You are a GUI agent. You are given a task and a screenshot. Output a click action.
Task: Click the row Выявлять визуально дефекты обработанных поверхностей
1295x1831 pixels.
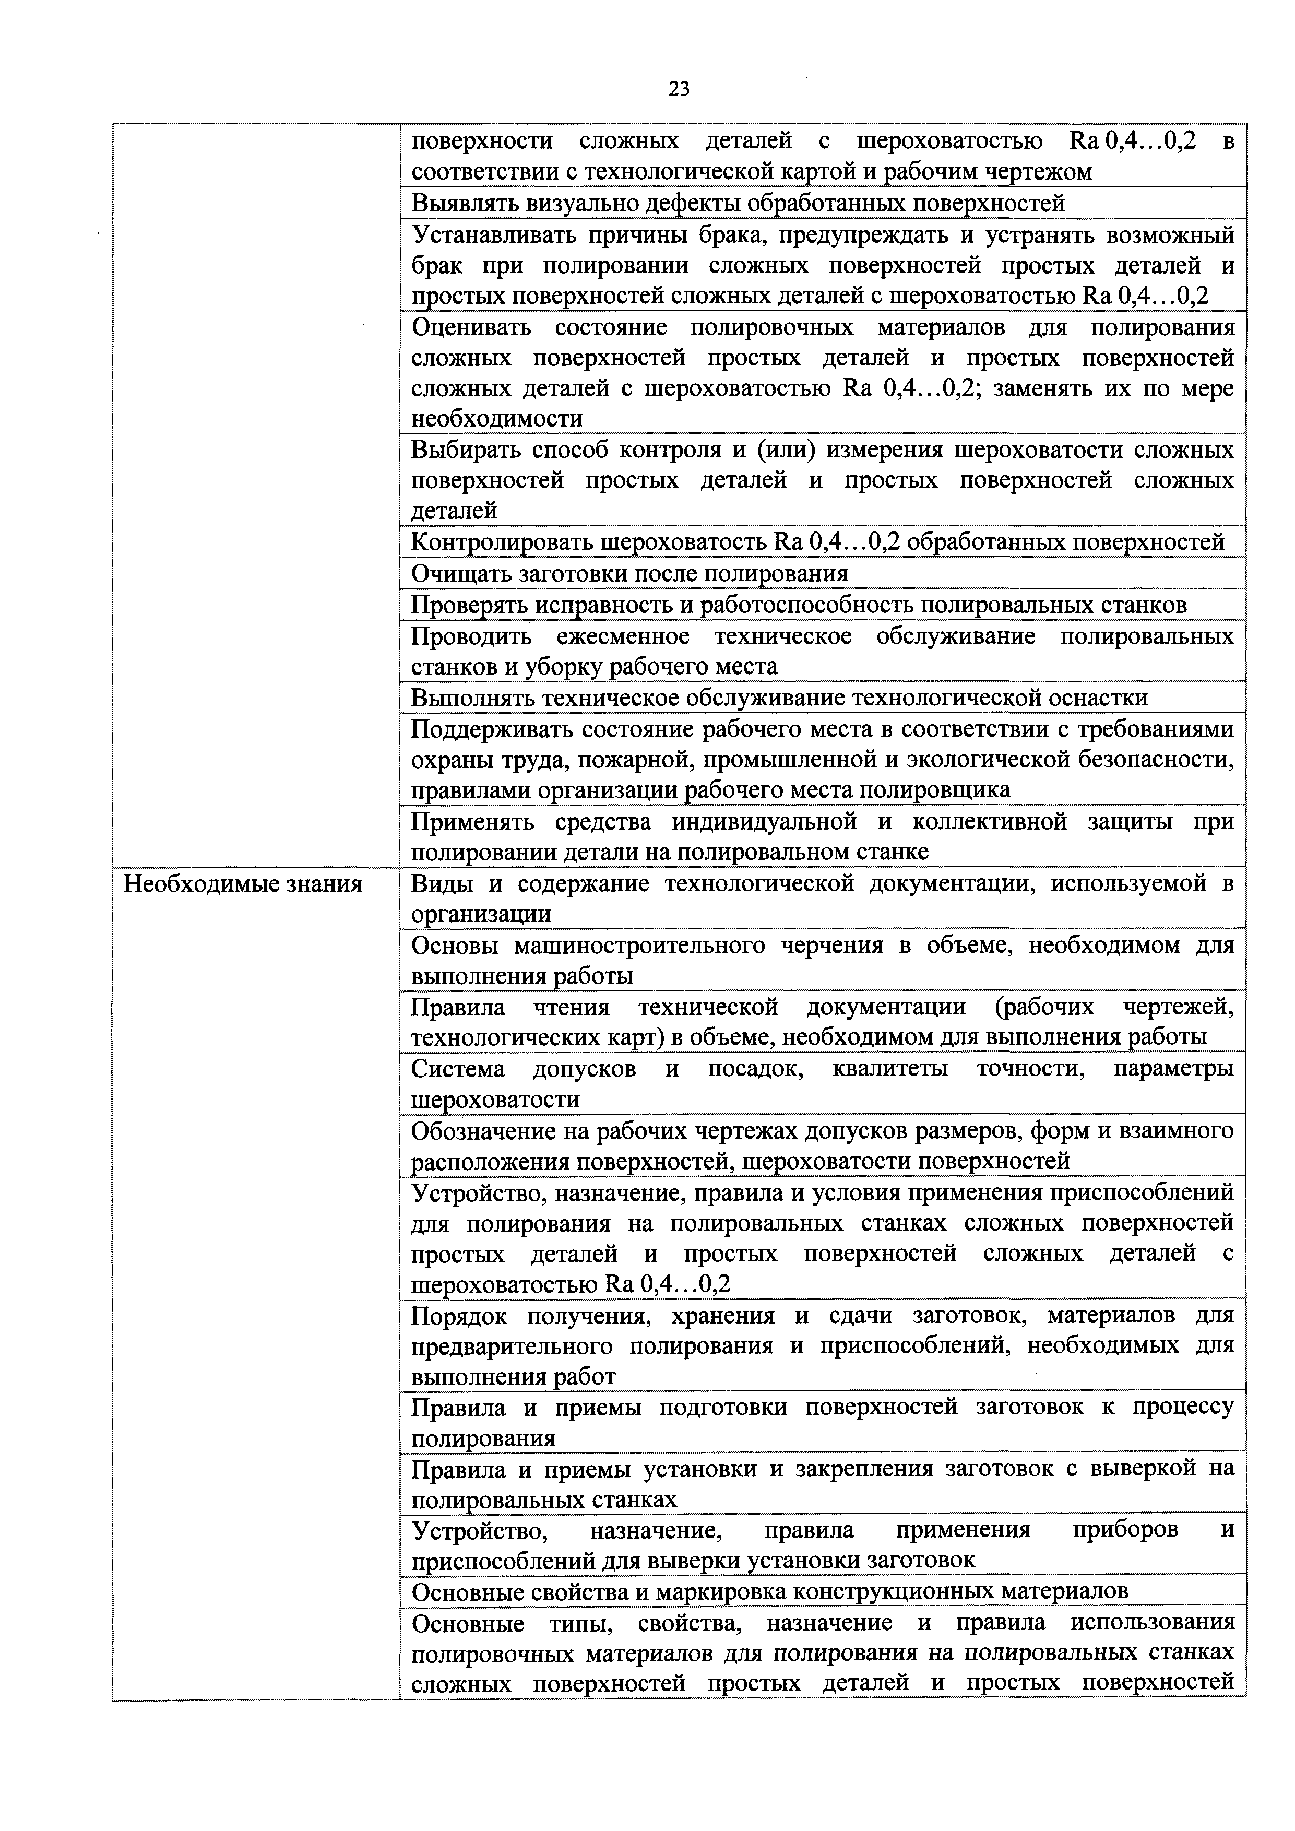click(738, 203)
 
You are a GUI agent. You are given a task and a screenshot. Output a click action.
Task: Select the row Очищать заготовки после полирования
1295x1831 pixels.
click(629, 573)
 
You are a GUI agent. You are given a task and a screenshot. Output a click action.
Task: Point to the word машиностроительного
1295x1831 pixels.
click(641, 946)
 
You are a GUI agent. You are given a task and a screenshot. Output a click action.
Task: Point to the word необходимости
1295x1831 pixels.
click(496, 419)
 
